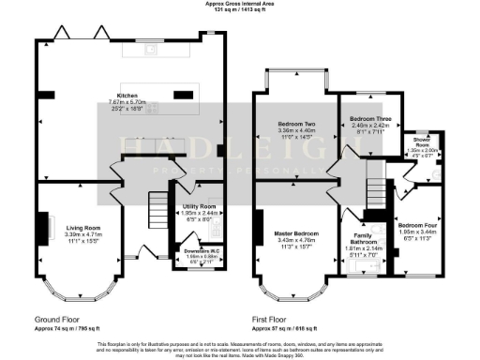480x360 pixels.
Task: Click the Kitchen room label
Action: pyautogui.click(x=127, y=95)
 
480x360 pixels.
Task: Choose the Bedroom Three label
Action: pyautogui.click(x=368, y=119)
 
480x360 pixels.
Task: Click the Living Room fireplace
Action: pyautogui.click(x=43, y=225)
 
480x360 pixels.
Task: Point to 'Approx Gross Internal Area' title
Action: pyautogui.click(x=240, y=4)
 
